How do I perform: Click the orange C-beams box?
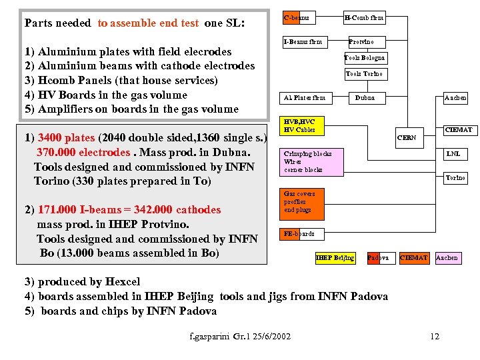tap(297, 17)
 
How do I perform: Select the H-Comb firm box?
tap(364, 17)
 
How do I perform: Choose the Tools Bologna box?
tap(365, 58)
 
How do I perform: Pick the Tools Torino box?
tap(365, 74)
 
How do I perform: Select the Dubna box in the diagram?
tap(365, 98)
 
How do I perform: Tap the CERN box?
tap(407, 138)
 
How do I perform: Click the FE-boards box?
tap(299, 234)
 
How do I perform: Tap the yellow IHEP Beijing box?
tap(335, 257)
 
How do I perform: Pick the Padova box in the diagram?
tap(378, 257)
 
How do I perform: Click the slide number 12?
tap(435, 336)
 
